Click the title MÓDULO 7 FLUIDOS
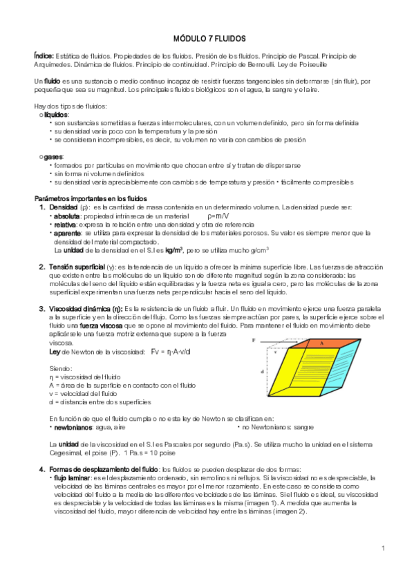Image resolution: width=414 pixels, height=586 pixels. tap(207, 39)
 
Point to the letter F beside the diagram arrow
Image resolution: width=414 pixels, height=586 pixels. tap(254, 341)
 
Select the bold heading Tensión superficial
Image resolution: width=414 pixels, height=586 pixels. tap(77, 267)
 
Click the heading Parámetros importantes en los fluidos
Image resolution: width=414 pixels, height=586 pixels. tap(90, 198)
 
